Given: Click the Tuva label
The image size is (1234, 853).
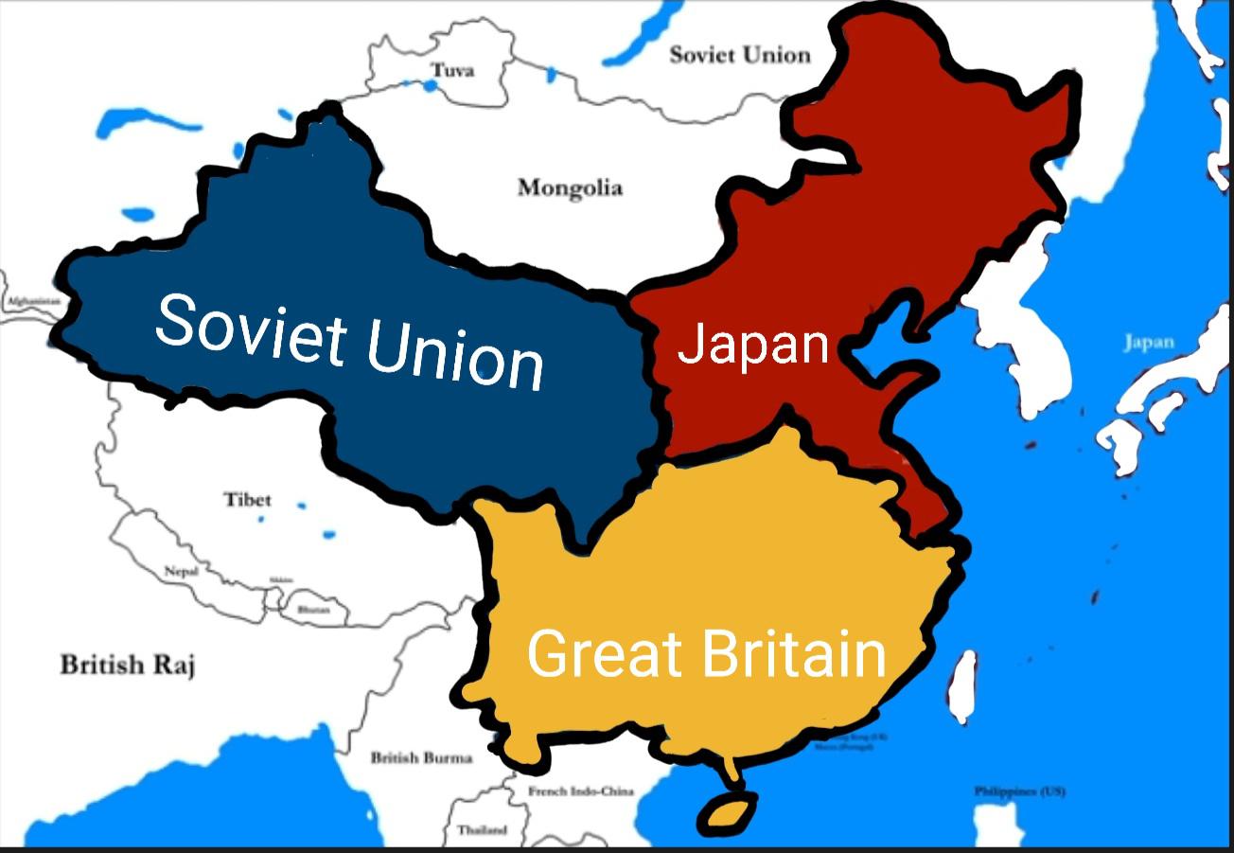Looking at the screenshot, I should coord(452,70).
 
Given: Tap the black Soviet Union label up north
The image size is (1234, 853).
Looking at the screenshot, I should coord(740,55).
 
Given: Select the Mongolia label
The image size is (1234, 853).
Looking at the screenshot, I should coord(570,187).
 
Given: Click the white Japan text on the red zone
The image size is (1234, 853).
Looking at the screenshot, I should coord(753,345).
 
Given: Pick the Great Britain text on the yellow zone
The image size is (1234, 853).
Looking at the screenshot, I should coord(706,653).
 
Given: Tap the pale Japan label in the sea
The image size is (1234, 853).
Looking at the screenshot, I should coord(1149,343).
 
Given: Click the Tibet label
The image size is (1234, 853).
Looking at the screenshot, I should coord(248,499).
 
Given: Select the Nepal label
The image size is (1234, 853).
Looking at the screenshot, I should coord(182,571).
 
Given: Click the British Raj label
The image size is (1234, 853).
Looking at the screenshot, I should coord(128,665).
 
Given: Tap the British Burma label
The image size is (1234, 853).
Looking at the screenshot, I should coord(421,757).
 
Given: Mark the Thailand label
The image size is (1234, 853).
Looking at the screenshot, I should coord(482,829).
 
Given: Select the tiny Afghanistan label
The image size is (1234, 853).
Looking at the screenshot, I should coord(34,301).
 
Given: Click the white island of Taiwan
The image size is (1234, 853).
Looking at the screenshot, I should coord(961,684).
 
